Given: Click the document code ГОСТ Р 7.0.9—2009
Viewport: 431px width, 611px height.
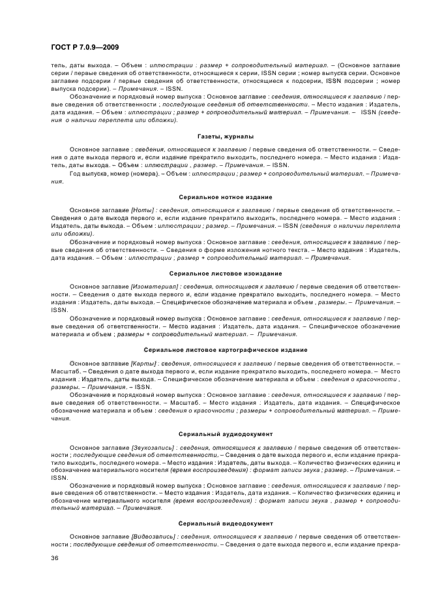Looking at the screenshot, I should (84, 47).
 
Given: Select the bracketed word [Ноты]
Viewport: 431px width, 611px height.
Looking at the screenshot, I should (142, 210).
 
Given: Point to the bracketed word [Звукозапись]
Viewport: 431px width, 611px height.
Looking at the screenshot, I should (153, 446).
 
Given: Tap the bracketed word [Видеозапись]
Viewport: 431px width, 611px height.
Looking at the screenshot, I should (153, 537).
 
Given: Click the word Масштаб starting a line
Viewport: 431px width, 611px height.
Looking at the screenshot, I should (63, 370).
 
